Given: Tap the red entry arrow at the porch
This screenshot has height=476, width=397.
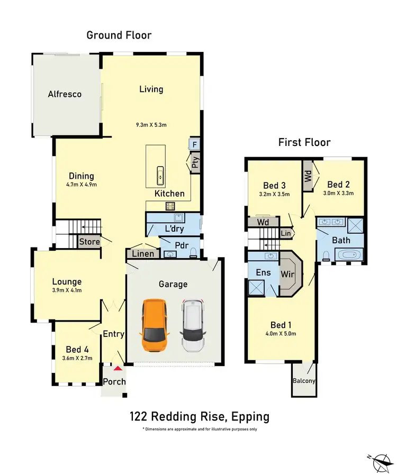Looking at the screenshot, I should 118,368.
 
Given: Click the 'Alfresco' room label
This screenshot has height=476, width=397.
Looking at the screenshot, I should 65,94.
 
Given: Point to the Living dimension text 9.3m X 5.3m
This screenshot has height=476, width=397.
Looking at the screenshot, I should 151,125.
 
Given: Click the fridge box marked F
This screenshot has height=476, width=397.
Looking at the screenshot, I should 194,144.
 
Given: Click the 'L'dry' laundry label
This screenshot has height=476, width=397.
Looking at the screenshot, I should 173,230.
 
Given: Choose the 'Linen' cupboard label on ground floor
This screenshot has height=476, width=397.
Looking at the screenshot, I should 143,254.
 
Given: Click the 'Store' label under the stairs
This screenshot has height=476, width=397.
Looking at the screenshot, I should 89,242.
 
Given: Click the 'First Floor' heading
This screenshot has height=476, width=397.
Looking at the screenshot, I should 304,142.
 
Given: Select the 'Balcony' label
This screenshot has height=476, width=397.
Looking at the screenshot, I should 304,381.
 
